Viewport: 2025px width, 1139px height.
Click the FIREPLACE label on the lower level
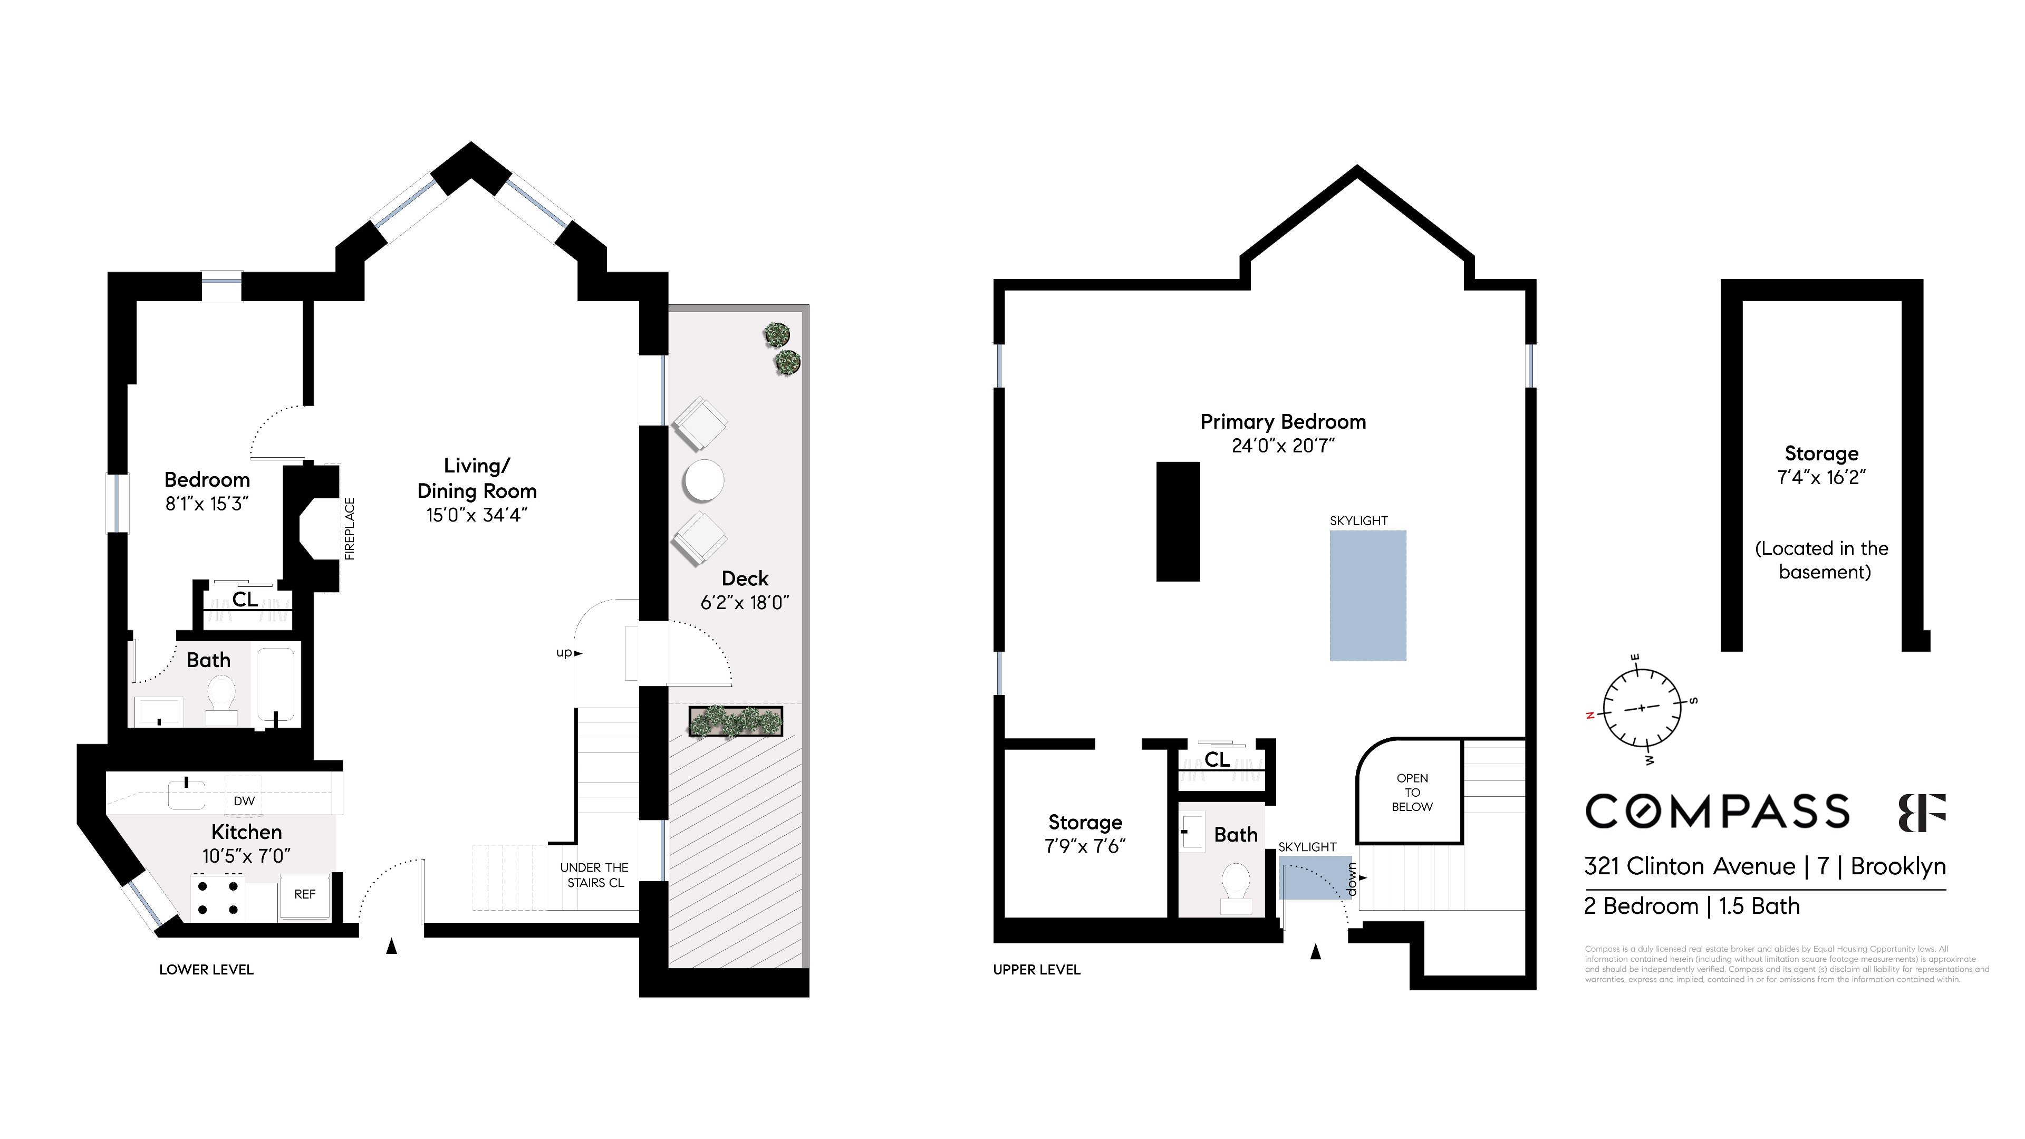pyautogui.click(x=350, y=529)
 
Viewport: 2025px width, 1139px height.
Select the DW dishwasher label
pyautogui.click(x=244, y=801)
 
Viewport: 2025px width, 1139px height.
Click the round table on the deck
pyautogui.click(x=703, y=480)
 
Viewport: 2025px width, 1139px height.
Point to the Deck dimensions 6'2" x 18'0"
pyautogui.click(x=745, y=603)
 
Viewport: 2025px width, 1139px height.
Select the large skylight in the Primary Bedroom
pyautogui.click(x=1367, y=595)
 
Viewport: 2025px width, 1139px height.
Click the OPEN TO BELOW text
pyautogui.click(x=1412, y=793)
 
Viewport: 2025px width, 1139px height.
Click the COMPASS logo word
pyautogui.click(x=1717, y=811)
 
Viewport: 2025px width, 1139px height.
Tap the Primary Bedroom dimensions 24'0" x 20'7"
pyautogui.click(x=1283, y=446)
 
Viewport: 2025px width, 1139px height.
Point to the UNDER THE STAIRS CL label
pyautogui.click(x=594, y=875)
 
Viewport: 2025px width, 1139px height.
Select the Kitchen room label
pyautogui.click(x=246, y=832)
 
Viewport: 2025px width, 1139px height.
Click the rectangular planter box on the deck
pyautogui.click(x=736, y=721)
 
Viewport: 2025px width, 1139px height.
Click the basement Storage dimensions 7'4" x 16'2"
pyautogui.click(x=1820, y=477)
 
